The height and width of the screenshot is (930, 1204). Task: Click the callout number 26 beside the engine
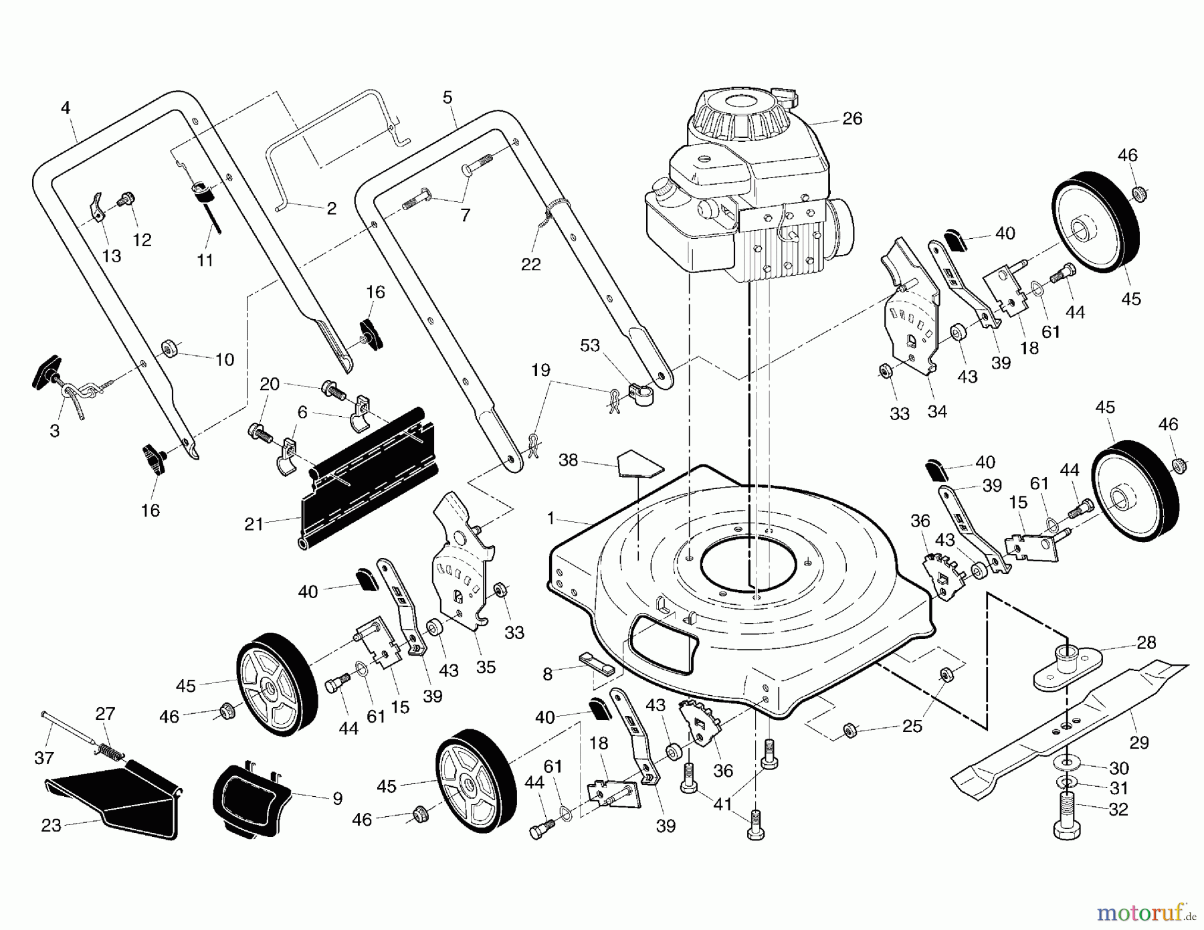(x=852, y=119)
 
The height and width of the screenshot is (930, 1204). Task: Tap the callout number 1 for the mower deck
(x=550, y=518)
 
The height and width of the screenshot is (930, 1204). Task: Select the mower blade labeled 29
(x=1070, y=729)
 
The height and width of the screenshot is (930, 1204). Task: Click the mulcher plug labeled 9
(x=247, y=800)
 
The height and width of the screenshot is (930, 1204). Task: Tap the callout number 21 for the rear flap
(x=254, y=524)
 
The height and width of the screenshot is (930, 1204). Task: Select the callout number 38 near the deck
(x=568, y=461)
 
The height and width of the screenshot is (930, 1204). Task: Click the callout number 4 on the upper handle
(x=66, y=108)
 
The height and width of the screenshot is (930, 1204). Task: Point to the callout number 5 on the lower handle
(x=447, y=98)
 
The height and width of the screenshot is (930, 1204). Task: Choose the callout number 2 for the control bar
(x=331, y=208)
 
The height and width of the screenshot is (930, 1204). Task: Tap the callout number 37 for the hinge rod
(x=44, y=757)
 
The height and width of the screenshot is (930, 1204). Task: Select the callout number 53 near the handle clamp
(x=590, y=345)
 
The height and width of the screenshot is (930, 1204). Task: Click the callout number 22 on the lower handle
(x=530, y=264)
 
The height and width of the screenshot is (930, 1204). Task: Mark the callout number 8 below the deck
(x=548, y=674)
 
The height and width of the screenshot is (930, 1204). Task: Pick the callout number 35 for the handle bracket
(x=486, y=667)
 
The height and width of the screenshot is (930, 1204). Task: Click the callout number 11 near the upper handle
(x=205, y=260)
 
